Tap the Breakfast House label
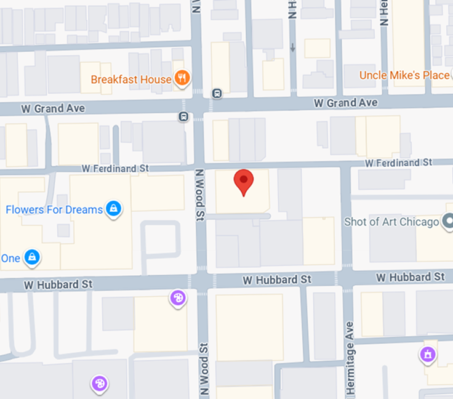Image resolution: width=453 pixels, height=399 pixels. click(130, 79)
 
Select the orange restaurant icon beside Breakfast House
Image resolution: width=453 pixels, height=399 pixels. click(182, 78)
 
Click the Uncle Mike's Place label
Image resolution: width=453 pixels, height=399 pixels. click(404, 75)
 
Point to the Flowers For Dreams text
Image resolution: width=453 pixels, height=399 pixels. click(54, 209)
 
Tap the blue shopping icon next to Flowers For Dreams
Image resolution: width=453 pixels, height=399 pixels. click(113, 209)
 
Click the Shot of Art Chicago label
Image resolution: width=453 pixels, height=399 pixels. click(391, 222)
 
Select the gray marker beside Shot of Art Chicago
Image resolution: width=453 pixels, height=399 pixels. click(449, 220)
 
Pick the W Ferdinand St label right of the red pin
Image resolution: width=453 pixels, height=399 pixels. click(398, 163)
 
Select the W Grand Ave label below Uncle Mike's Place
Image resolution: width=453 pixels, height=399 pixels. click(345, 102)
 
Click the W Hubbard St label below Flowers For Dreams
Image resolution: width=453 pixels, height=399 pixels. click(58, 284)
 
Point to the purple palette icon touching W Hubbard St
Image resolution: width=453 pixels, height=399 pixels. click(177, 299)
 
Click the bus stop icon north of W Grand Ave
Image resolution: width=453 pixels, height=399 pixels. click(217, 94)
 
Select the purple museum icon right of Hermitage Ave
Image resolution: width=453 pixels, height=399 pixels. click(427, 354)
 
